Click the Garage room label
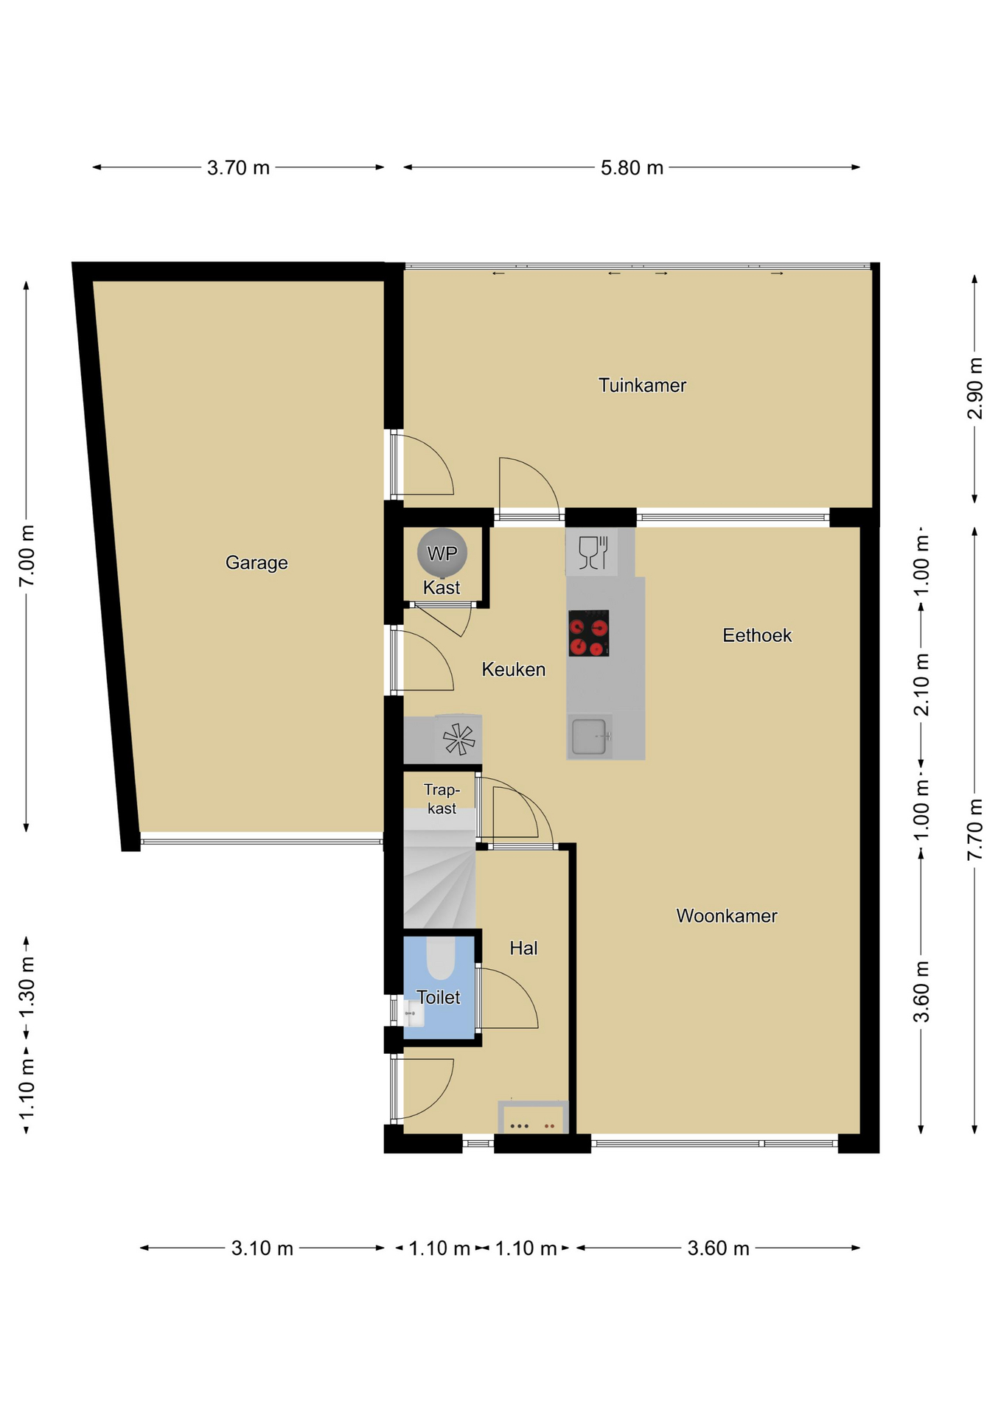point(257,563)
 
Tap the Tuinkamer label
point(642,385)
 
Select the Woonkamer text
point(727,916)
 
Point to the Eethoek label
point(757,635)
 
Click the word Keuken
point(514,669)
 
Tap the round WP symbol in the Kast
point(442,553)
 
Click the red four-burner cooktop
point(589,633)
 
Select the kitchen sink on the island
point(590,736)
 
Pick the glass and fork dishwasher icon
point(593,552)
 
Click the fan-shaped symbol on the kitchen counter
point(458,739)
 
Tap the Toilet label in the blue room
point(439,997)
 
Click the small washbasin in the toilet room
point(414,1013)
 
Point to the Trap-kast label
point(442,799)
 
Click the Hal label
point(523,948)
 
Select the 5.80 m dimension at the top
point(632,168)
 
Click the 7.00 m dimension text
point(27,556)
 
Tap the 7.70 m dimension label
point(974,829)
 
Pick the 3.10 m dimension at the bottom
point(262,1248)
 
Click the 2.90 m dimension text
point(974,388)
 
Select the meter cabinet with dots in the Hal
point(533,1117)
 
